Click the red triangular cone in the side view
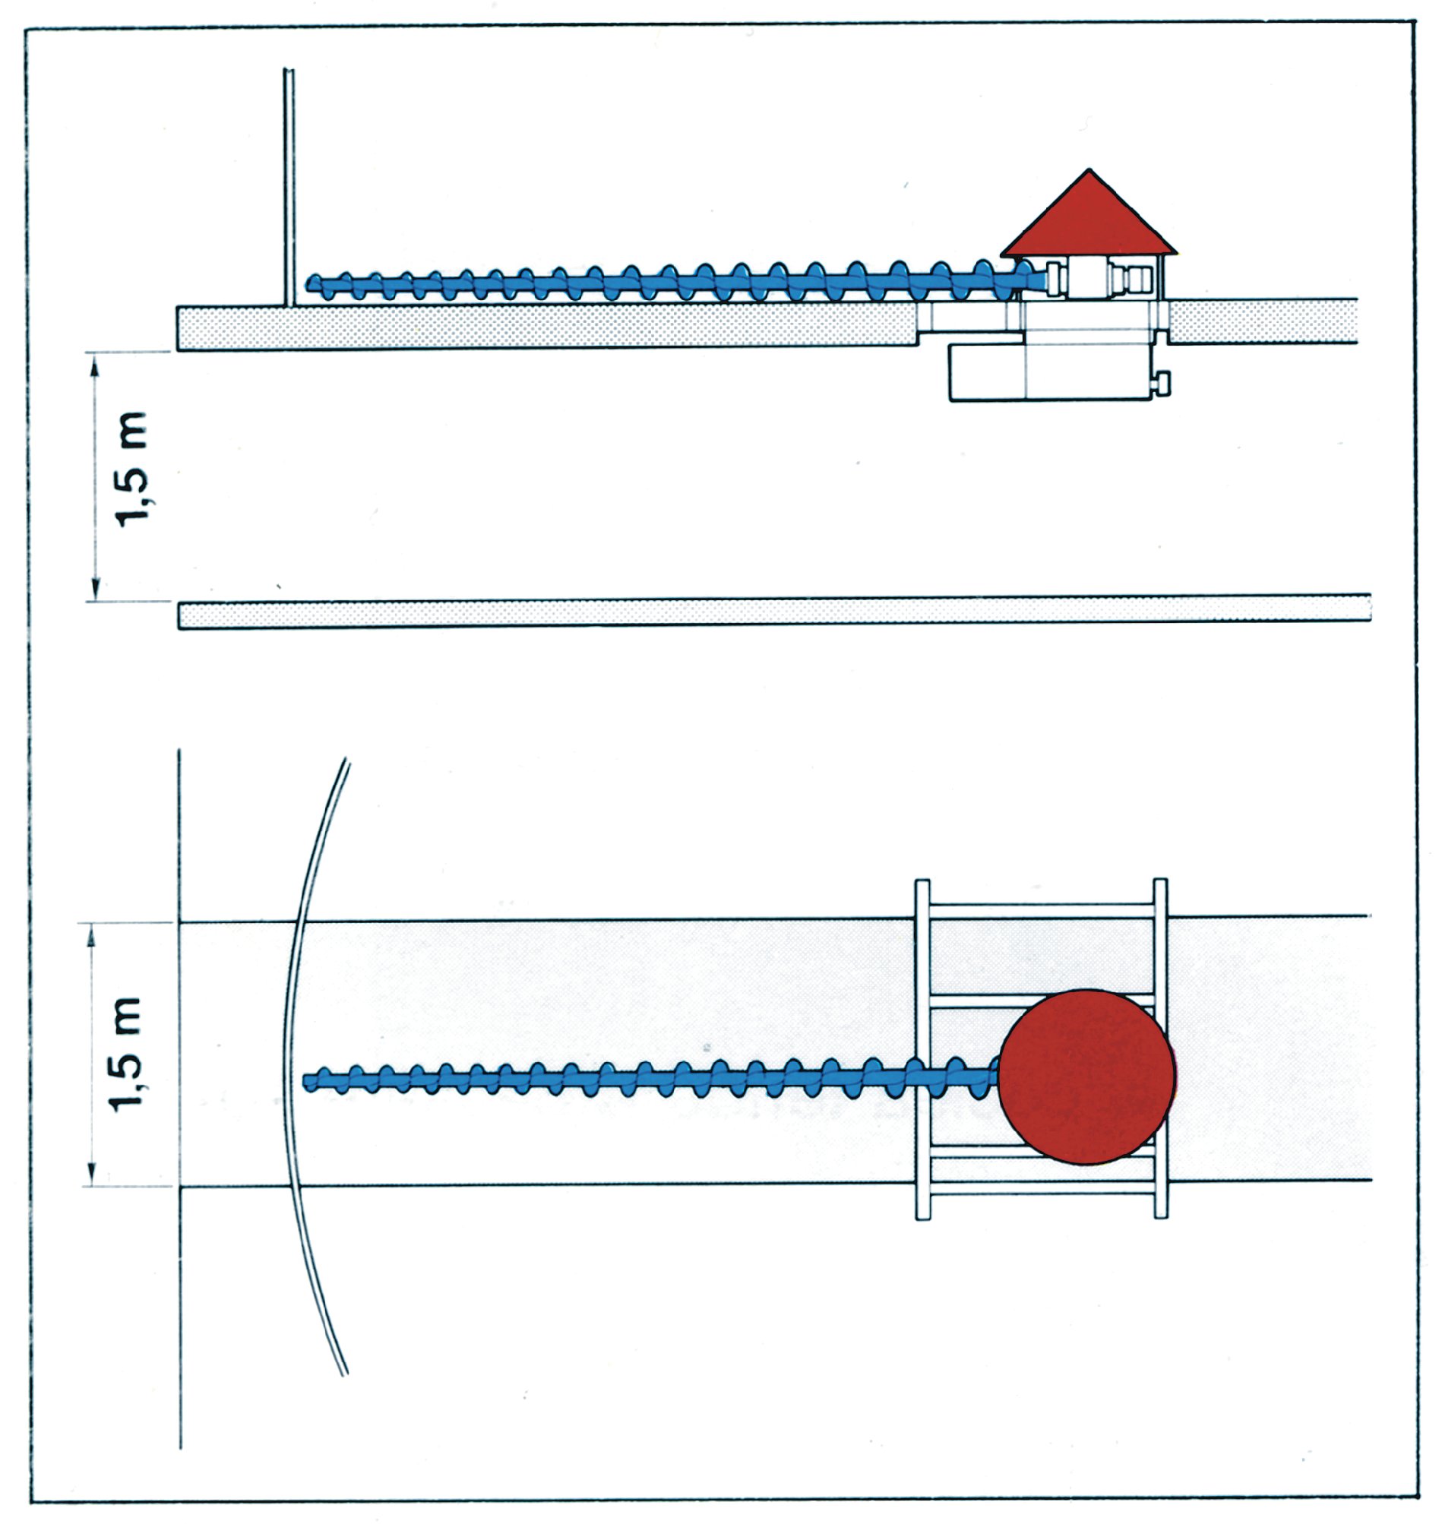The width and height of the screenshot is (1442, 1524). (x=1088, y=219)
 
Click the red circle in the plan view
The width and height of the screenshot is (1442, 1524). (x=1086, y=1077)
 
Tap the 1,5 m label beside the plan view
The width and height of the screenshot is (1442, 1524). (x=125, y=1054)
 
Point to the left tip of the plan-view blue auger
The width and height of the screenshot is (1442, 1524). (x=305, y=1083)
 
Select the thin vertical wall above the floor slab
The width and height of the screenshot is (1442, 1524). (x=288, y=188)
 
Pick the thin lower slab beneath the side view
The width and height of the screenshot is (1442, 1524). (x=774, y=612)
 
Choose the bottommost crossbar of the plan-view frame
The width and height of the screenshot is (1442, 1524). (x=1042, y=1194)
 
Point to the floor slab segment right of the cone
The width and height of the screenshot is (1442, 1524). (x=1262, y=321)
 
